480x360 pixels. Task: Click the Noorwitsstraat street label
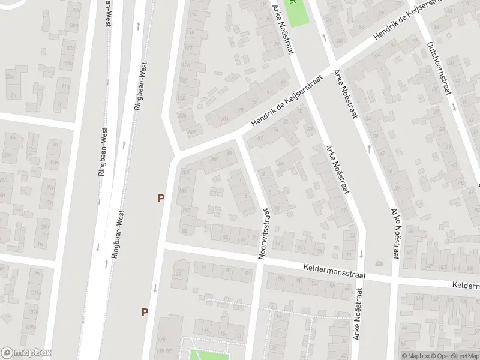tap(264, 234)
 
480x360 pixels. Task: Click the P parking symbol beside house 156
tap(161, 198)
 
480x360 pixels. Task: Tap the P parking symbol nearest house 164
tap(145, 312)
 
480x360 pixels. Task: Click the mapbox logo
tap(26, 353)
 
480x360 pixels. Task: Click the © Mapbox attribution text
tap(415, 356)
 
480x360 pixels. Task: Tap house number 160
tap(185, 210)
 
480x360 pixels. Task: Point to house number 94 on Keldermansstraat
tap(204, 267)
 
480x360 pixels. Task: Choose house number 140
tap(191, 132)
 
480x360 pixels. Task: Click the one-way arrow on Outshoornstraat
tap(454, 107)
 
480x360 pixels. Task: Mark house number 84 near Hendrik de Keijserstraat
tap(230, 154)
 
